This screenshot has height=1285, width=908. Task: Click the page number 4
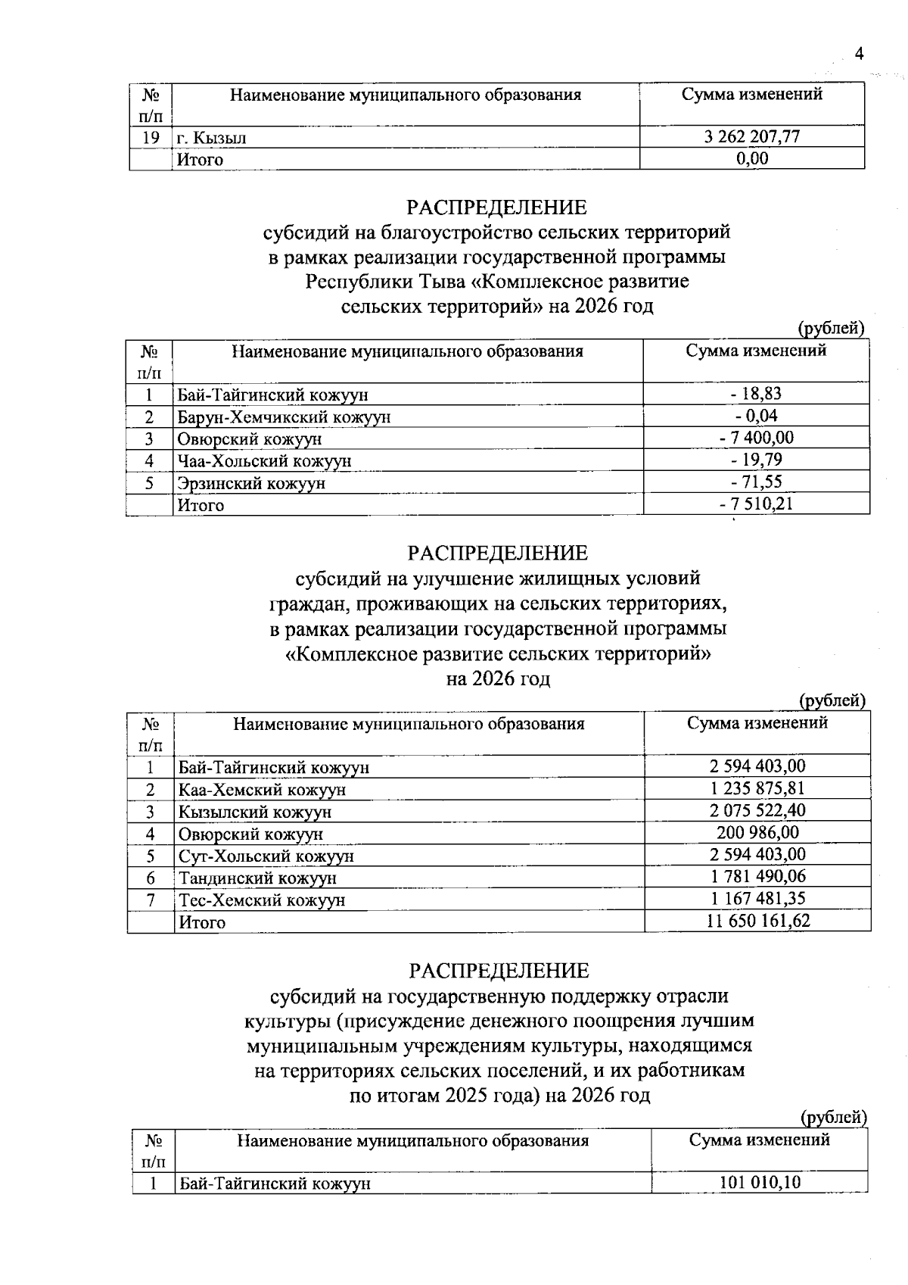(858, 54)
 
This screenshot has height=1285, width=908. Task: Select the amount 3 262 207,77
(752, 137)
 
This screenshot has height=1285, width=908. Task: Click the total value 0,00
(752, 158)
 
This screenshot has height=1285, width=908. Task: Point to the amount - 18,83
(756, 394)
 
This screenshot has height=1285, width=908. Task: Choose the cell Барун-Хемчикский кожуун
(284, 417)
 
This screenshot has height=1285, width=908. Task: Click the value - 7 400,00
(756, 438)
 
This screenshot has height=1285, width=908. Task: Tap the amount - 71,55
(756, 482)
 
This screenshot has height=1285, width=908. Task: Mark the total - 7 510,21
(756, 504)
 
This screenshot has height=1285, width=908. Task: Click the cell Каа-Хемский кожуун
(263, 790)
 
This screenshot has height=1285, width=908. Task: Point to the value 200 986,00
(757, 833)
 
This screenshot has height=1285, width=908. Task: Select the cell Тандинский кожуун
(257, 878)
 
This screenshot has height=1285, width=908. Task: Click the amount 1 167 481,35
(757, 899)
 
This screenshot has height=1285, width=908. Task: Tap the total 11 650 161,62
(757, 921)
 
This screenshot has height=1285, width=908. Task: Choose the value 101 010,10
(760, 1183)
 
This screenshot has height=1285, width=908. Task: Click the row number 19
(151, 138)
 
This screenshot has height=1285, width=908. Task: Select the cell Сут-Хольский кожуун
(266, 856)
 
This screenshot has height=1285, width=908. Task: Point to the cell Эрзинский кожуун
(251, 483)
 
